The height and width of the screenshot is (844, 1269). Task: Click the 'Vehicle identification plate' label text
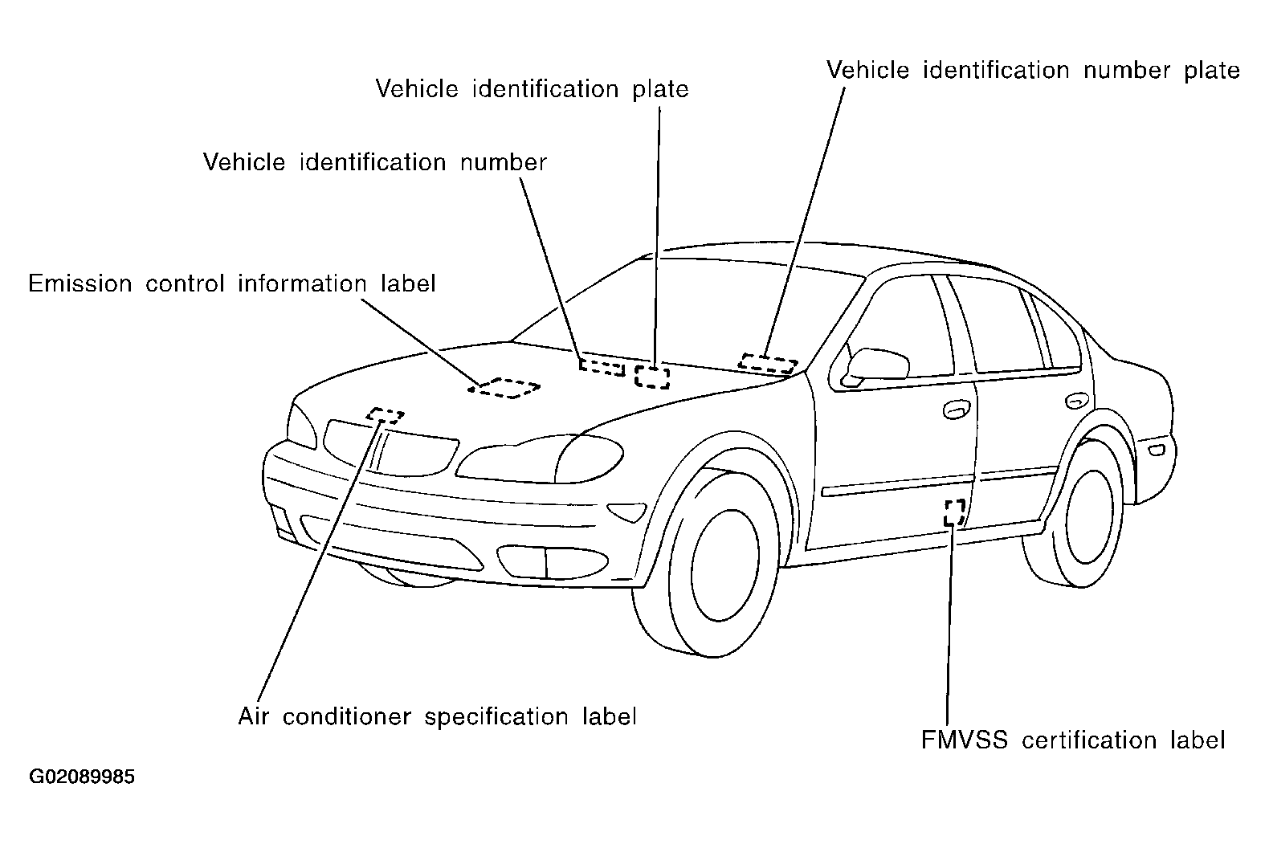pos(532,90)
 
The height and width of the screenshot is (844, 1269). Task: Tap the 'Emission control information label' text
pos(231,283)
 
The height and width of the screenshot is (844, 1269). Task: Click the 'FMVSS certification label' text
pos(1073,740)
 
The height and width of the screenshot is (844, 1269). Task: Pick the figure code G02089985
pos(82,777)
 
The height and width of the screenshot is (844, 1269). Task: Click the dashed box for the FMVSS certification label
pos(955,512)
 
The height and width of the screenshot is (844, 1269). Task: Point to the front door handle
pos(957,409)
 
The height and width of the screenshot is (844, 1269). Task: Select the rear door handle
pos(1077,401)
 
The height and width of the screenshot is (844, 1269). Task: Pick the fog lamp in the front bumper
pos(553,562)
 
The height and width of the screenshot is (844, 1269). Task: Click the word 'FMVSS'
pos(965,740)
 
